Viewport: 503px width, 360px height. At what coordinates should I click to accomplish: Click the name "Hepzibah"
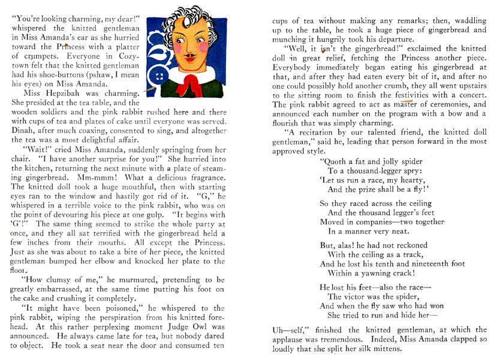click(x=70, y=93)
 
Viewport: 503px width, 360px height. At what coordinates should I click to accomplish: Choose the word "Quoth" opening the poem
click(x=336, y=161)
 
